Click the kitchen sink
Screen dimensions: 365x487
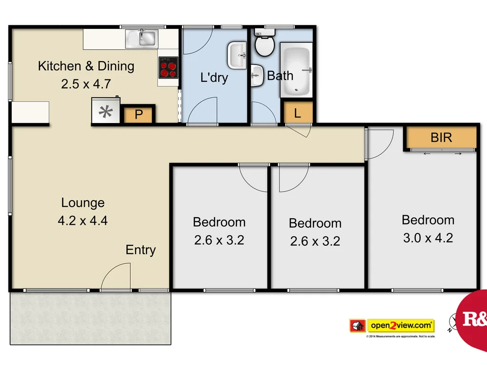tap(141, 38)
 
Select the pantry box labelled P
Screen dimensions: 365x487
tap(139, 115)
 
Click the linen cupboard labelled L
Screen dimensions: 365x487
tap(298, 113)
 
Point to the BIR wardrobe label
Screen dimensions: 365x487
tap(441, 138)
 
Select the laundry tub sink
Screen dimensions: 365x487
tap(237, 55)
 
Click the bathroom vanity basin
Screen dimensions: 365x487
tap(257, 76)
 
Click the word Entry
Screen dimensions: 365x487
tap(141, 250)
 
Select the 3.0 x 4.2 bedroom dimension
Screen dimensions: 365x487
tap(428, 238)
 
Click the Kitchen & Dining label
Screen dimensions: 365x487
tap(86, 66)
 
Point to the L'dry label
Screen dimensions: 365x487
tap(214, 77)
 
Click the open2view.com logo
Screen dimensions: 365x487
tap(392, 326)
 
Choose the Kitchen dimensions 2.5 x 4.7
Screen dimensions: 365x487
tap(86, 84)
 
